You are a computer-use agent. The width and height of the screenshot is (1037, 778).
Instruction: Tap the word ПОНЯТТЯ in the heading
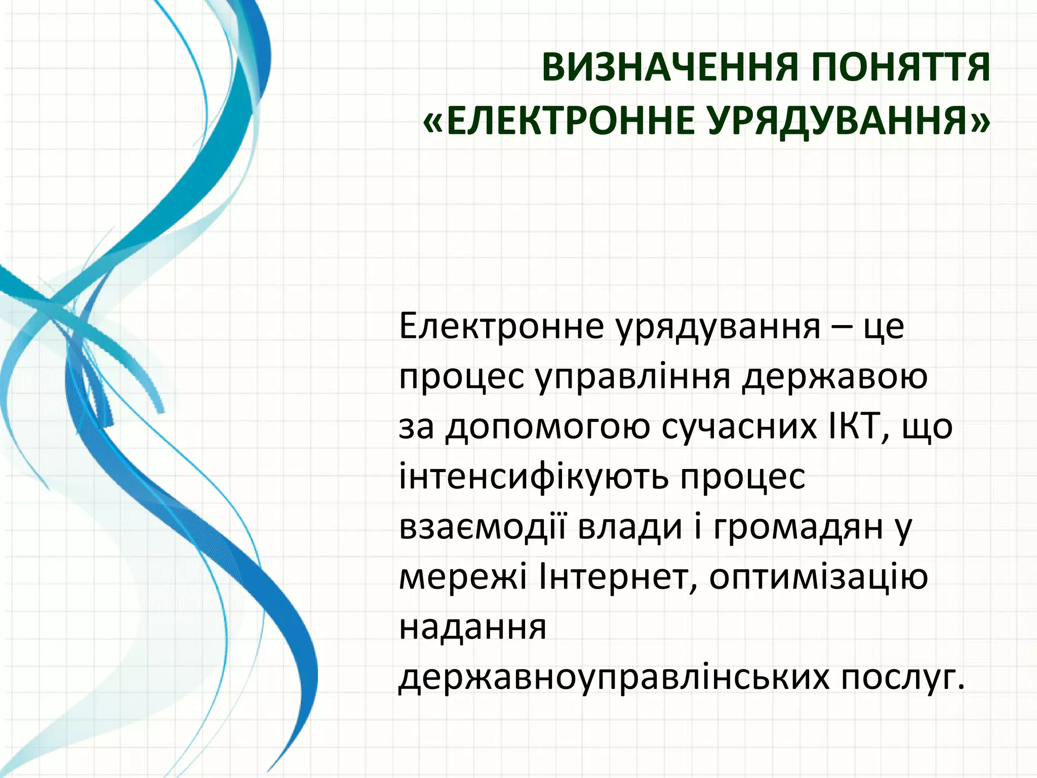pos(901,68)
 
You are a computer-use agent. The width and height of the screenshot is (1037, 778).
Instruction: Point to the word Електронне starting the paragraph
pos(501,327)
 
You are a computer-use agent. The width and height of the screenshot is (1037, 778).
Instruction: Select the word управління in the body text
pos(633,377)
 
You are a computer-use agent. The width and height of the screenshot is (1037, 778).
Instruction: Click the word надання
pos(473,628)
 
